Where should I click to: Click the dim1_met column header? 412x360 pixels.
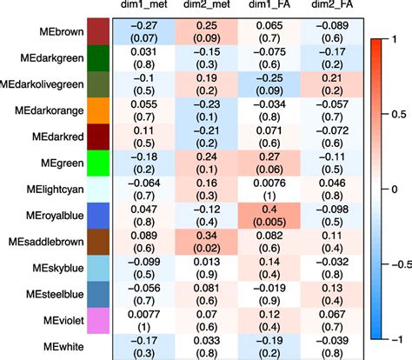144,4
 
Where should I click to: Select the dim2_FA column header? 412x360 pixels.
332,4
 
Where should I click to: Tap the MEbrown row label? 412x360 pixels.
62,31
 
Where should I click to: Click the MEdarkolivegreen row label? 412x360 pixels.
42,84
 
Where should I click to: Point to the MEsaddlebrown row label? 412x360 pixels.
46,242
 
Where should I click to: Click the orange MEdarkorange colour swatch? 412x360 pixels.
98,110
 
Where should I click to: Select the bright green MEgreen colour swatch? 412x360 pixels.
98,163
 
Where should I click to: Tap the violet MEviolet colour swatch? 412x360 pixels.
98,321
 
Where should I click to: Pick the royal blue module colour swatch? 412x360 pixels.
98,216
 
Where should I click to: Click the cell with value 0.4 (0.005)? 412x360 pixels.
269,216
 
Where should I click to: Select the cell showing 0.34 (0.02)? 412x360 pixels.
207,242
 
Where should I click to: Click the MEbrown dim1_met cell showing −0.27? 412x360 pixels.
144,32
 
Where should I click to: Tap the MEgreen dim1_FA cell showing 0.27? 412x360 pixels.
269,163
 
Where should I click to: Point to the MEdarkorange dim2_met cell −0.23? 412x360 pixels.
207,110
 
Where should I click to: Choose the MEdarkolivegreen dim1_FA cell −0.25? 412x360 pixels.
269,84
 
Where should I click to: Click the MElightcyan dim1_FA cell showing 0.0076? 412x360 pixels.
269,190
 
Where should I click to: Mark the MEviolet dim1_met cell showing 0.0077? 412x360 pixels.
144,321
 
